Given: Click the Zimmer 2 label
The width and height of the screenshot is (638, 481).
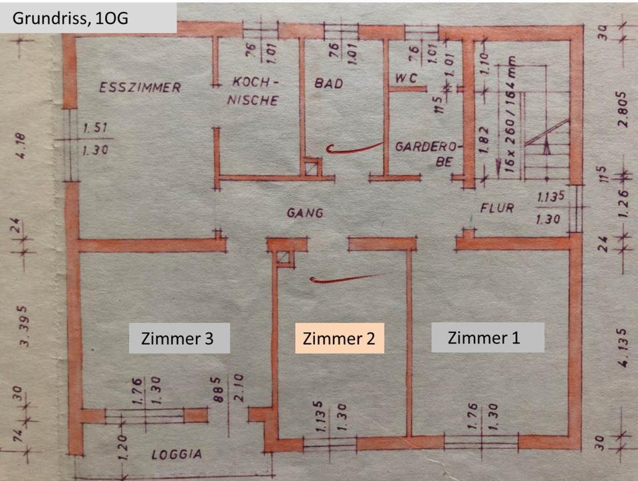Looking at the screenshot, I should pos(339,339).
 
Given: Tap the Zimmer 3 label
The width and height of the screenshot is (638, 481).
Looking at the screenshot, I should pos(179,338).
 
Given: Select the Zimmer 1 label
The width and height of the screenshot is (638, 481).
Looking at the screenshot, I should pos(487,337).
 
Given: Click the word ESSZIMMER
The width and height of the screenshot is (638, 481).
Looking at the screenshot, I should pos(140,87).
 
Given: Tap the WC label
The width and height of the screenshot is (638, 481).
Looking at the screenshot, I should pos(405,78).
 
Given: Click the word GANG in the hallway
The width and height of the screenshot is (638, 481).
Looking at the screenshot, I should pos(305,213).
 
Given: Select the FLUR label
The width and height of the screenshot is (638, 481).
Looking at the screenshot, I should pos(497,208).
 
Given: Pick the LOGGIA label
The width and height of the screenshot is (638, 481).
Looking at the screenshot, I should pos(176,455).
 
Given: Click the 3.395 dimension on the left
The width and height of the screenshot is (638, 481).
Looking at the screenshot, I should pos(25,326).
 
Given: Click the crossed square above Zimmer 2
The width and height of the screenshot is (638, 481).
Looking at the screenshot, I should pos(285,258).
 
